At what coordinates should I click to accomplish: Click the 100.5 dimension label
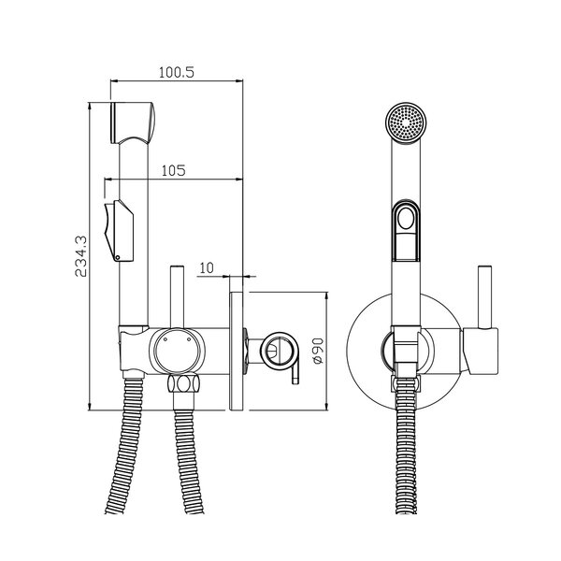pyautogui.click(x=177, y=73)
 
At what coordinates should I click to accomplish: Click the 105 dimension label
pyautogui.click(x=174, y=171)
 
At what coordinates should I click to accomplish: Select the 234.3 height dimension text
pyautogui.click(x=80, y=256)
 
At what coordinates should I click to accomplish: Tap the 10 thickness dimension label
pyautogui.click(x=207, y=267)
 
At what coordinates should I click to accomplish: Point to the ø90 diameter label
pyautogui.click(x=318, y=351)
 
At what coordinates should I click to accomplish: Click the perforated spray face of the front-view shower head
pyautogui.click(x=406, y=122)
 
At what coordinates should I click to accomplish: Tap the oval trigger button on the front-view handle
pyautogui.click(x=406, y=218)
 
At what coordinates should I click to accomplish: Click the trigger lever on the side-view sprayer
pyautogui.click(x=119, y=231)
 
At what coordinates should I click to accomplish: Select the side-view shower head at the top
pyautogui.click(x=132, y=122)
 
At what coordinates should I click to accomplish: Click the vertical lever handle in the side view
pyautogui.click(x=177, y=296)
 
